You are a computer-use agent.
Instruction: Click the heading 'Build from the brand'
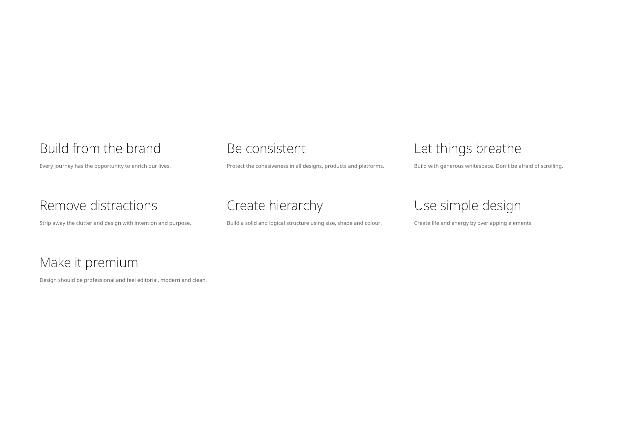[100, 148]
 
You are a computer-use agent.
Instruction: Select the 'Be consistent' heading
[266, 148]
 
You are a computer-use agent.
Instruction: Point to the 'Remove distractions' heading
[98, 205]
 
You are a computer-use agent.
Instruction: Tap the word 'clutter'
[84, 223]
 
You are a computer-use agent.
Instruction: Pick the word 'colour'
[373, 223]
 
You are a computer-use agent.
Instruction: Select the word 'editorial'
[148, 280]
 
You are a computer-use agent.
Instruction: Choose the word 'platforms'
[372, 166]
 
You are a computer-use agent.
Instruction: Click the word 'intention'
[146, 223]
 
